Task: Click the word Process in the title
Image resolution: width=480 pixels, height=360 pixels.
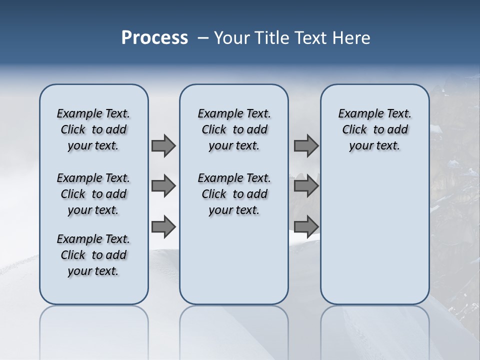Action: click(x=154, y=38)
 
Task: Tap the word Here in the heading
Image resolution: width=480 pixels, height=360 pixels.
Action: click(x=350, y=38)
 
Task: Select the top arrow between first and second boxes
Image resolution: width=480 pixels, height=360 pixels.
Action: click(x=163, y=145)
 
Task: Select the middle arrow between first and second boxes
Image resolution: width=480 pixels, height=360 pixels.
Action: click(x=163, y=186)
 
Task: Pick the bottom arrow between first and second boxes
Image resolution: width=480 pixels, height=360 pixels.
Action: click(x=163, y=227)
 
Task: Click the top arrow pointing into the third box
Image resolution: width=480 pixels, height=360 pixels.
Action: click(x=306, y=145)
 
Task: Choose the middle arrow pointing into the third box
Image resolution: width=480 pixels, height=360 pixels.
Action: click(x=306, y=186)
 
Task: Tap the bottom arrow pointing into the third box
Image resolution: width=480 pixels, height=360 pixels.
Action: click(x=306, y=227)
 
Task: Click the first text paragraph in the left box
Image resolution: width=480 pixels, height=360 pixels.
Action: click(x=93, y=129)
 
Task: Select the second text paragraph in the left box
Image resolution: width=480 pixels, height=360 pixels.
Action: click(x=93, y=194)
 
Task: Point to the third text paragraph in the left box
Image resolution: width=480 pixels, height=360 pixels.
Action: click(x=93, y=255)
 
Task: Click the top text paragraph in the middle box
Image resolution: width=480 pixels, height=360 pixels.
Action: click(x=234, y=129)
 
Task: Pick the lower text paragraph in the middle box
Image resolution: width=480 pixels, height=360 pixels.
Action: click(x=234, y=194)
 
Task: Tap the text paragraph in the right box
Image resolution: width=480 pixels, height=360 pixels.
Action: click(x=375, y=129)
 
